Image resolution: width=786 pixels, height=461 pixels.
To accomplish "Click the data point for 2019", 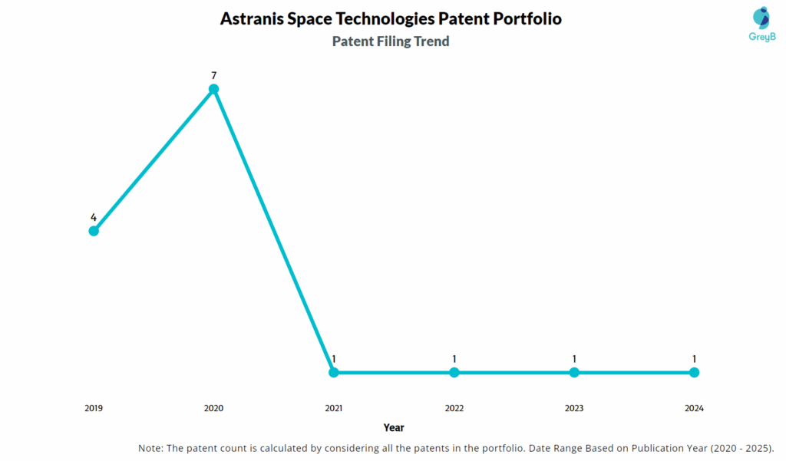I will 94,231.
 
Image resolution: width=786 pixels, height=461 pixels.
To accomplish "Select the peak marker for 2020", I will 214,89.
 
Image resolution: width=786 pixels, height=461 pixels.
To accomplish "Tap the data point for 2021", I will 334,373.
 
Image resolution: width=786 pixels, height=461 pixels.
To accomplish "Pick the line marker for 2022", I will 454,373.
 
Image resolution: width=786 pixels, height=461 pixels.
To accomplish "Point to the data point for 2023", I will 574,373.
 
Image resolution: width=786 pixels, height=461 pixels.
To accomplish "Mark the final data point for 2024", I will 694,373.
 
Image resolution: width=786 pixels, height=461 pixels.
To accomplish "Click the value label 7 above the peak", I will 214,75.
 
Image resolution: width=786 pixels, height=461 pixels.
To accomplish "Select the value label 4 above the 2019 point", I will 94,217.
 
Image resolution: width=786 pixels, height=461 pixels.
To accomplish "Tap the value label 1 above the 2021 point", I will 334,359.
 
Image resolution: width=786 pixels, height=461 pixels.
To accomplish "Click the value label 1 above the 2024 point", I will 694,359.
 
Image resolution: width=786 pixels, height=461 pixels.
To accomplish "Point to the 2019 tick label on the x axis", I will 94,408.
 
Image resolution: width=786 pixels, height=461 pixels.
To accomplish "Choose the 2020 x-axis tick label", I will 214,408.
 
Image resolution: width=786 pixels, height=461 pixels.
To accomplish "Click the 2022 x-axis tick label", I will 454,408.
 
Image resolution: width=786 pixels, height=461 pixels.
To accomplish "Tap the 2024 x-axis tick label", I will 694,408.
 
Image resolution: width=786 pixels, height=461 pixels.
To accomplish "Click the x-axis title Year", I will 394,427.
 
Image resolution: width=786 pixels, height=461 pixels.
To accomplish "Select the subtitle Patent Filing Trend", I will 391,41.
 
